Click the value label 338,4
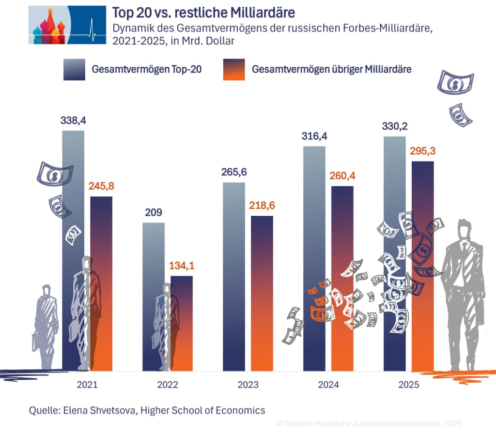point(74,121)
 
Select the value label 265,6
point(234,172)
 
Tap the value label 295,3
point(422,151)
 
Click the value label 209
point(154,212)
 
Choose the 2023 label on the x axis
point(248,386)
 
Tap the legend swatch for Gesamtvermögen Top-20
point(74,69)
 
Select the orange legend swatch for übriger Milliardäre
point(234,69)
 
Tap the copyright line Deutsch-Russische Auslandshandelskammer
point(368,423)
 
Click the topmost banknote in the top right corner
point(455,82)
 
